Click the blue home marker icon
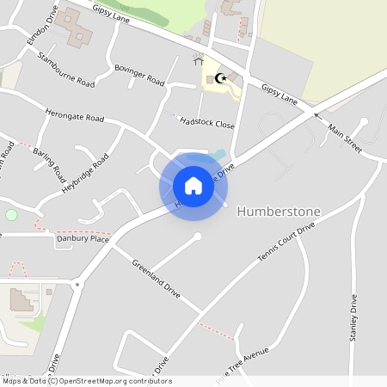pyautogui.click(x=193, y=186)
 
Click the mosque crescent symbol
pyautogui.click(x=221, y=78)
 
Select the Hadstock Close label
pyautogui.click(x=207, y=122)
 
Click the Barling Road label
pyautogui.click(x=49, y=162)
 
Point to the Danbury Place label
pyautogui.click(x=83, y=239)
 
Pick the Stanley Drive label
pyautogui.click(x=353, y=318)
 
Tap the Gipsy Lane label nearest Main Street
pyautogui.click(x=279, y=94)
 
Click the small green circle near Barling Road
pyautogui.click(x=11, y=214)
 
